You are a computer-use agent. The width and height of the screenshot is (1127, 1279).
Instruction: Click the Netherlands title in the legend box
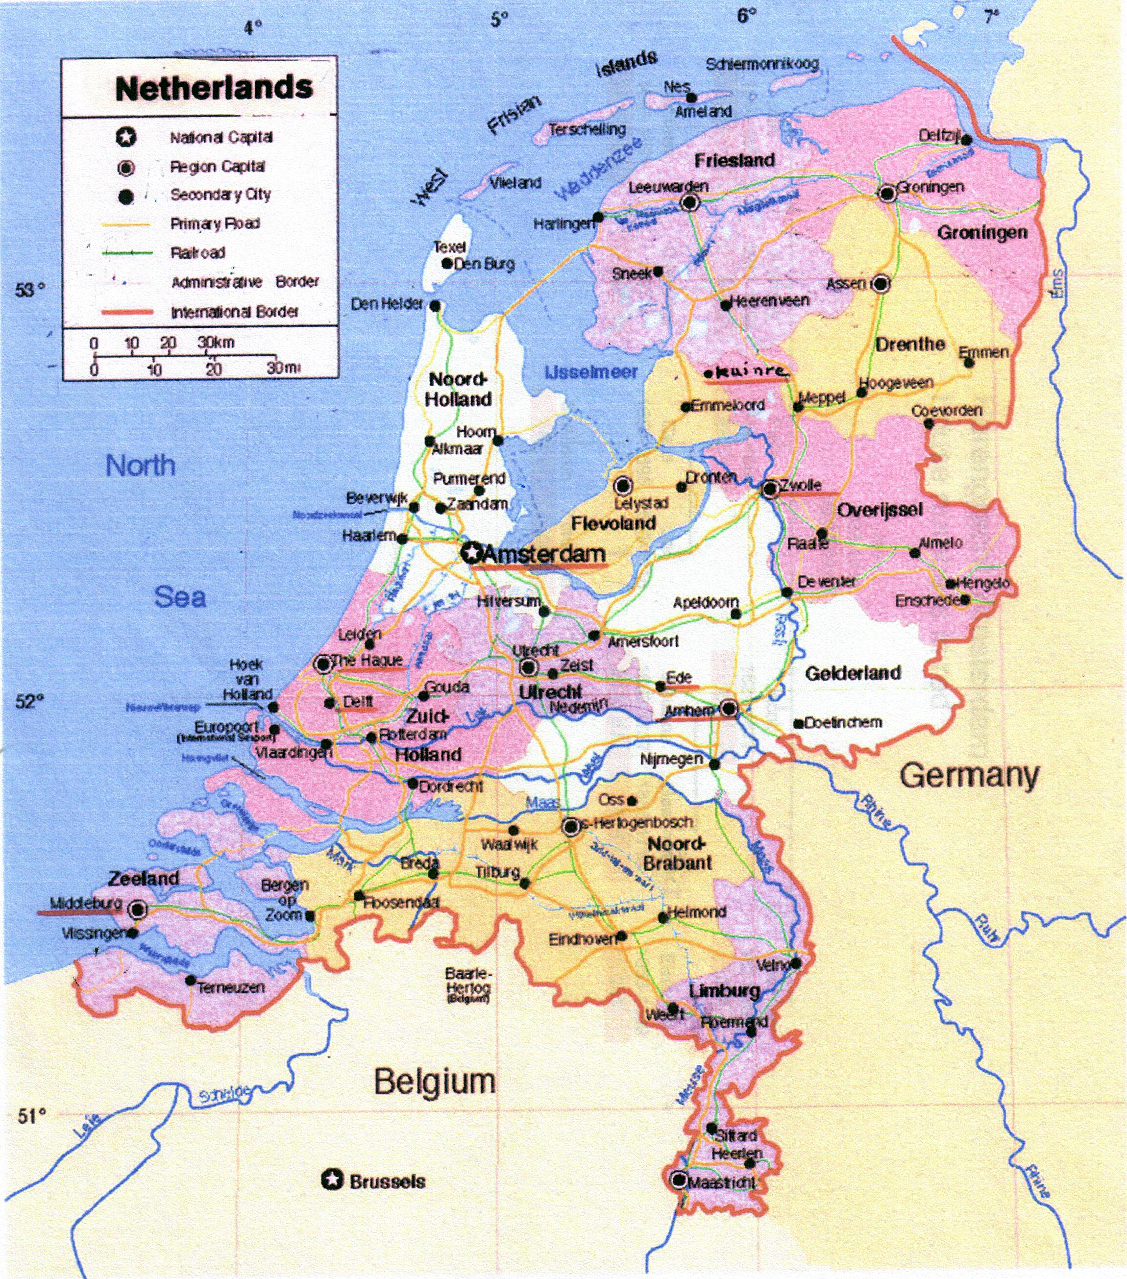pyautogui.click(x=214, y=88)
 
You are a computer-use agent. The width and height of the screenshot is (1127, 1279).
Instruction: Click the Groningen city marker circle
pyautogui.click(x=887, y=194)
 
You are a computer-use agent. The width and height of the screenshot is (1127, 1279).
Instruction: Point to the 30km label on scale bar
pyautogui.click(x=216, y=343)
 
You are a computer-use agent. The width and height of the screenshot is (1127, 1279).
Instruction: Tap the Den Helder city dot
pyautogui.click(x=435, y=306)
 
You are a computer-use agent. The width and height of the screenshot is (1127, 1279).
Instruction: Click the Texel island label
pyautogui.click(x=450, y=246)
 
